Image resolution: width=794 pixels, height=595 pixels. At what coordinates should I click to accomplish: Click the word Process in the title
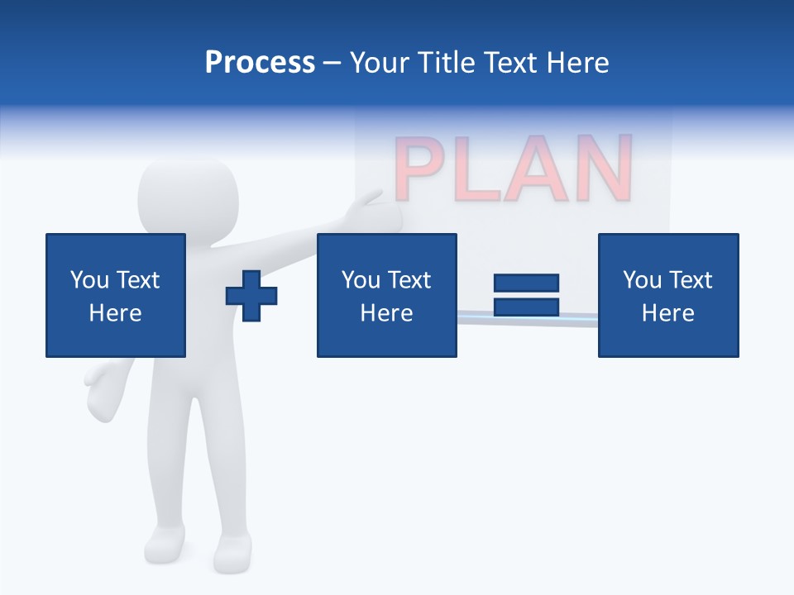[260, 63]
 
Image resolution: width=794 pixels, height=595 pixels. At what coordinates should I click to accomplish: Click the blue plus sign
[251, 295]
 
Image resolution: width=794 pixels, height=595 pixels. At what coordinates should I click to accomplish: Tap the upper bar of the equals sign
[526, 283]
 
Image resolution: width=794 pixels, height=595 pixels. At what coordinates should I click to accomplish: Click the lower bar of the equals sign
[526, 307]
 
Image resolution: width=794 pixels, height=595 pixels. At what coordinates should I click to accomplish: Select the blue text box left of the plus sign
[116, 295]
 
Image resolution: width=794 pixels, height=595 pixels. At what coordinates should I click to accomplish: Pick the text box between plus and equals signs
[386, 295]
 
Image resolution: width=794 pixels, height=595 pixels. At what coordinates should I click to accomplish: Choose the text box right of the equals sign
[667, 295]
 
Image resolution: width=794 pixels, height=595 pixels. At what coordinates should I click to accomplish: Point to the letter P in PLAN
[422, 170]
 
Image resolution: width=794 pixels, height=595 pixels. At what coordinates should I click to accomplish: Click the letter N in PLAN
[605, 170]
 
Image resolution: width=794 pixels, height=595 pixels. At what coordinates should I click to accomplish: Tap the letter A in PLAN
[541, 170]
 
